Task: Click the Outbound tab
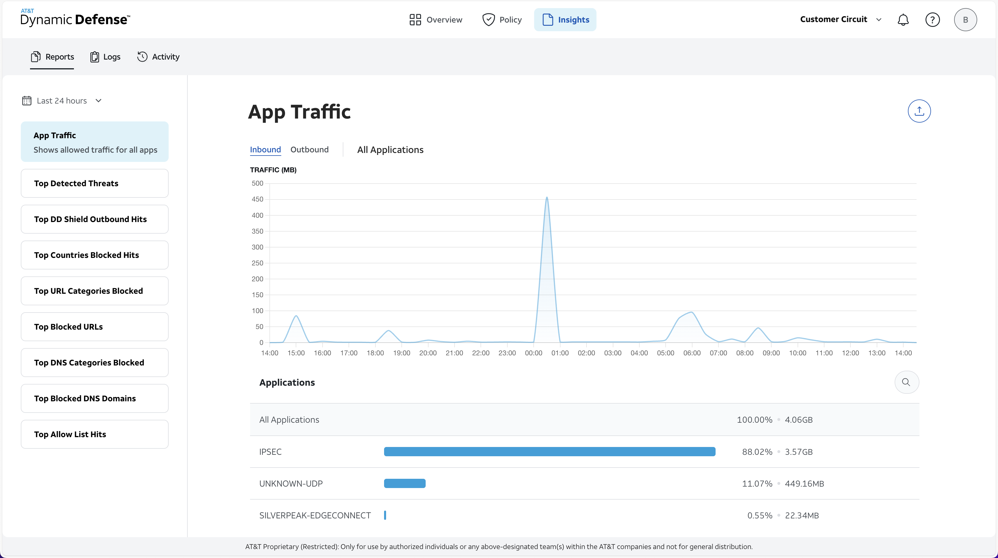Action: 309,150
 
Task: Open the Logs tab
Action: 105,57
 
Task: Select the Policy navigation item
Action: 502,20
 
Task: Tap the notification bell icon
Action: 903,20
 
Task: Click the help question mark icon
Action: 932,20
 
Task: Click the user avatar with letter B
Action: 965,20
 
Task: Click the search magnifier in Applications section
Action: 906,382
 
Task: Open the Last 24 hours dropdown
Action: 62,101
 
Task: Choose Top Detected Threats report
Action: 94,183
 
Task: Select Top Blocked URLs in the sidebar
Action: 94,327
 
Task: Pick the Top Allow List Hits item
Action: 94,434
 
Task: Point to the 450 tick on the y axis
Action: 257,199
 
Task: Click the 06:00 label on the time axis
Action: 692,353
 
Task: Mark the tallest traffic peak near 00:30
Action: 547,198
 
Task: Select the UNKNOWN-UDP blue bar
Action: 405,483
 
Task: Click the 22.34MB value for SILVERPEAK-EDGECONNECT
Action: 802,515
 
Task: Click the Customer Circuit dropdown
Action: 840,19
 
